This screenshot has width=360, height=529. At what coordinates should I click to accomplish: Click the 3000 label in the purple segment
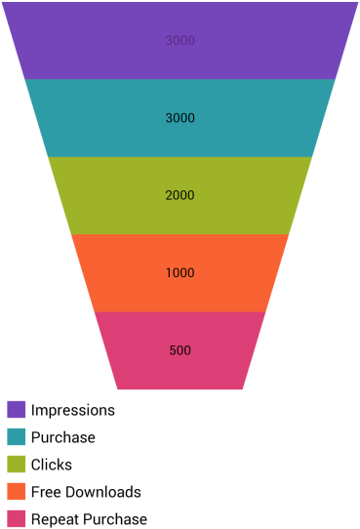[180, 41]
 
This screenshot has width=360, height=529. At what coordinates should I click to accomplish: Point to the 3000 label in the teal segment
[180, 118]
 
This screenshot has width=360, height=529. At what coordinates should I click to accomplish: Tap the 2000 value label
[180, 195]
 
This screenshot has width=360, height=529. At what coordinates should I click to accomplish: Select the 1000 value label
[180, 273]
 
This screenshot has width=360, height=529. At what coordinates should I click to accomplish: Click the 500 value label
[180, 350]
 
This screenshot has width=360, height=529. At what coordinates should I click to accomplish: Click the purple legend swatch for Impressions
[16, 410]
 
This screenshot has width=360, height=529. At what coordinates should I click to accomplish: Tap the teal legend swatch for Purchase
[16, 437]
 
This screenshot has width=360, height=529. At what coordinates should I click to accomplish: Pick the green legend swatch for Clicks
[16, 465]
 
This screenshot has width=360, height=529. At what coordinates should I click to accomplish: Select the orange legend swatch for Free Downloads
[16, 492]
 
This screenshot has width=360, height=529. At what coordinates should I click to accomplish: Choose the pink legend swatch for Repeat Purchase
[16, 519]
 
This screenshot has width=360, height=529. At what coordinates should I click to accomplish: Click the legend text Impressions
[73, 410]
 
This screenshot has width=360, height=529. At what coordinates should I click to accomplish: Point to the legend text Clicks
[52, 465]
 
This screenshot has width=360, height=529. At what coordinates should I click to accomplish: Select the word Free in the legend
[45, 492]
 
